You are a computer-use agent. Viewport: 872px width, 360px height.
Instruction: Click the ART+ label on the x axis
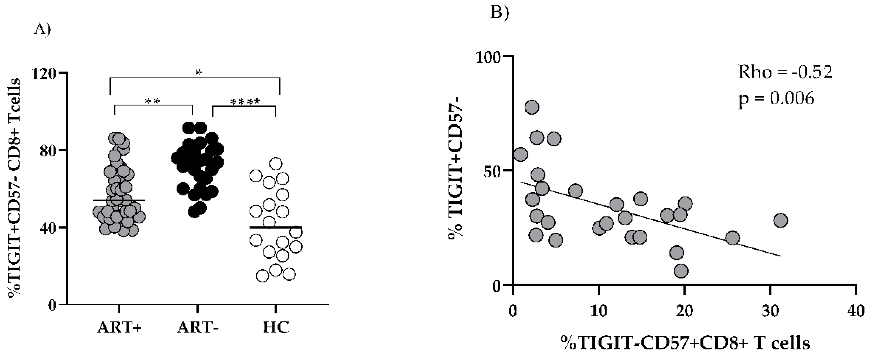119,328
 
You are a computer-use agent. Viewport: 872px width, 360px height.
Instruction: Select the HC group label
276,328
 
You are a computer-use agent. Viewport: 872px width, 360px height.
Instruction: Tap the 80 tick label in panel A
47,150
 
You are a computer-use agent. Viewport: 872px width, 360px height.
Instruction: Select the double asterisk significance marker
152,102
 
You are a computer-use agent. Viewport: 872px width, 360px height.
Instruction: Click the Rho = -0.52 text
785,72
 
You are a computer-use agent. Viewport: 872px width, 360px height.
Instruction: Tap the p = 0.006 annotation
776,99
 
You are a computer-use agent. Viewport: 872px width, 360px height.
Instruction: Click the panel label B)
500,13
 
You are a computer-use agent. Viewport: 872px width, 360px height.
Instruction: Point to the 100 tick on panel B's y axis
489,57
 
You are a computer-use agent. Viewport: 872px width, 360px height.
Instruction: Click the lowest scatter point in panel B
681,271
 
